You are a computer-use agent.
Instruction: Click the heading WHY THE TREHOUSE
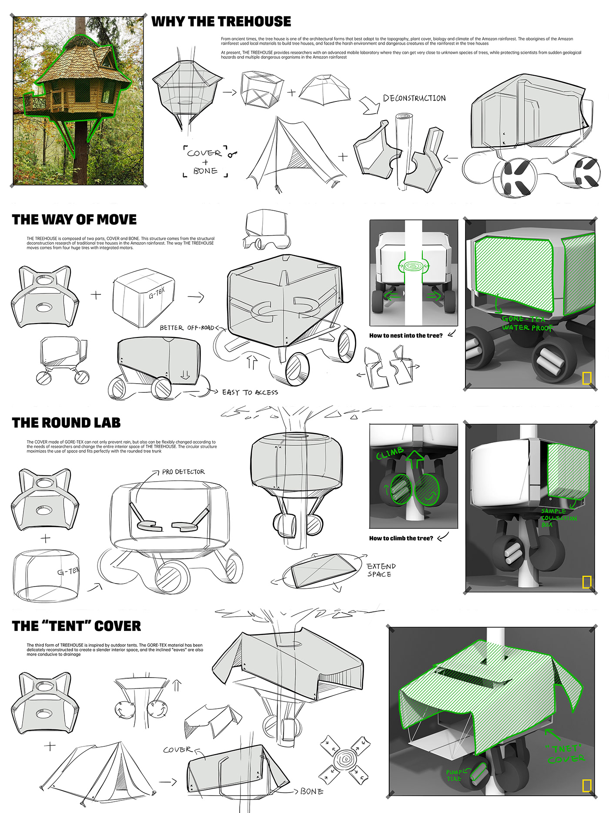pyautogui.click(x=221, y=21)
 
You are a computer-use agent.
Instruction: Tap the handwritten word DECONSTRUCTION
pyautogui.click(x=414, y=98)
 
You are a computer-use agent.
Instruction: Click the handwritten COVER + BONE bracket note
pyautogui.click(x=204, y=162)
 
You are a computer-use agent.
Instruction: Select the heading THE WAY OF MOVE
pyautogui.click(x=74, y=219)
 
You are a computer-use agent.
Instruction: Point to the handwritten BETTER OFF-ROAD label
pyautogui.click(x=187, y=327)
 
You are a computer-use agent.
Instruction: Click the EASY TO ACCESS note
pyautogui.click(x=250, y=392)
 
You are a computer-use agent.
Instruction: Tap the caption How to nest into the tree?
pyautogui.click(x=405, y=335)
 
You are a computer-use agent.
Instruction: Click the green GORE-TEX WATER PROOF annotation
pyautogui.click(x=526, y=324)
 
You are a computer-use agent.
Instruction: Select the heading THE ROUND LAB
pyautogui.click(x=66, y=423)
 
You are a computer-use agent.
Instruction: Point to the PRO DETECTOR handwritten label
pyautogui.click(x=183, y=472)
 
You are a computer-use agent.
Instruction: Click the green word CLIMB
pyautogui.click(x=390, y=453)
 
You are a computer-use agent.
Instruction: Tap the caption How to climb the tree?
pyautogui.click(x=401, y=538)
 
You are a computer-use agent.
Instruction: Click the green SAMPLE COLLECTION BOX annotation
pyautogui.click(x=558, y=518)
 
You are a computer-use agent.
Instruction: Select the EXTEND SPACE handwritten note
pyautogui.click(x=381, y=570)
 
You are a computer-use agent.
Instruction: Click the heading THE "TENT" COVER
pyautogui.click(x=77, y=626)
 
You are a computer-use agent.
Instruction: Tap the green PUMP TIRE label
pyautogui.click(x=455, y=775)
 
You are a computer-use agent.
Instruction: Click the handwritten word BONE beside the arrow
pyautogui.click(x=311, y=791)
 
